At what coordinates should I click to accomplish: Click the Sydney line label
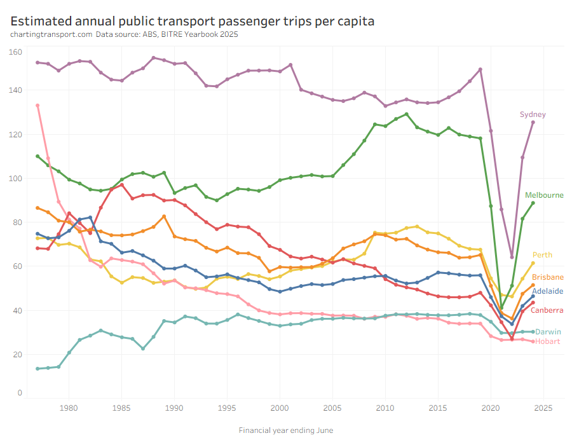pyautogui.click(x=533, y=114)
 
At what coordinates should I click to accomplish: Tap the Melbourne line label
pyautogui.click(x=543, y=195)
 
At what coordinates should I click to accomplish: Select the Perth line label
pyautogui.click(x=542, y=255)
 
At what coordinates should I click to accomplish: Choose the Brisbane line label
pyautogui.click(x=547, y=277)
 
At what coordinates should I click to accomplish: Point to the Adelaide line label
pyautogui.click(x=547, y=291)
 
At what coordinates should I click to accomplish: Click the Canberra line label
pyautogui.click(x=547, y=310)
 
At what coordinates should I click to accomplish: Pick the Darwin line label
pyautogui.click(x=547, y=332)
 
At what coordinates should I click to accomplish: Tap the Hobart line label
pyautogui.click(x=547, y=341)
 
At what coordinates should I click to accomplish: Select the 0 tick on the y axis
pyautogui.click(x=20, y=393)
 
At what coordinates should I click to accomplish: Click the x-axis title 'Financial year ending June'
pyautogui.click(x=286, y=430)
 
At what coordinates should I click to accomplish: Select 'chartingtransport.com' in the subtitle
pyautogui.click(x=51, y=34)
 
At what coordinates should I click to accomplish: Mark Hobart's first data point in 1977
pyautogui.click(x=37, y=106)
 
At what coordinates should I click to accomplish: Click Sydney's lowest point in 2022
pyautogui.click(x=512, y=257)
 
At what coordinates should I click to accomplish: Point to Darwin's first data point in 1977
pyautogui.click(x=37, y=369)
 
